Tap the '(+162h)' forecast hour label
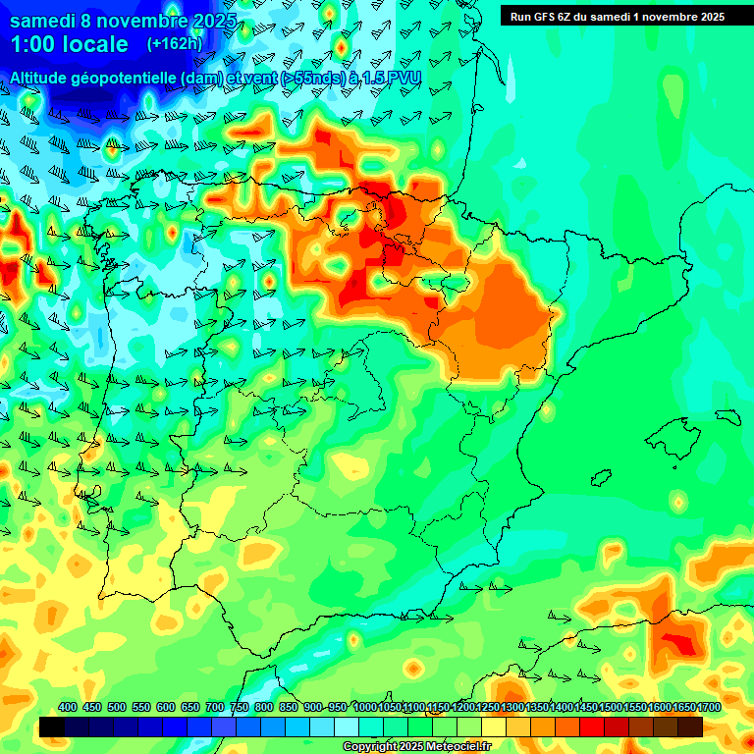[x=175, y=44]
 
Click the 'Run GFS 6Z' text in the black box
[x=542, y=16]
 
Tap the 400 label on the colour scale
[x=68, y=708]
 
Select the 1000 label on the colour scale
[x=365, y=708]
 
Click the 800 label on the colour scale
[x=264, y=708]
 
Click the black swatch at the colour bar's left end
[x=52, y=727]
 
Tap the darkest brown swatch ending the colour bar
[x=690, y=727]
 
